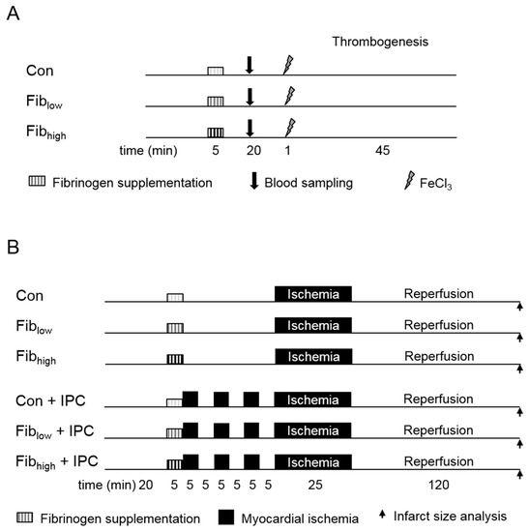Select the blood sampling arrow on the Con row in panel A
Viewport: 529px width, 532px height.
pos(250,65)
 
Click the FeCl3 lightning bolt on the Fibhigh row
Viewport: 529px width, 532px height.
pos(287,127)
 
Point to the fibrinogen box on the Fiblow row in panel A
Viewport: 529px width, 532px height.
pos(215,101)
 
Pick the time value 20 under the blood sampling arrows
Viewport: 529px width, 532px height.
pos(250,151)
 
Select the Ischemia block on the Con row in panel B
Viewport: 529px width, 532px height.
pos(313,293)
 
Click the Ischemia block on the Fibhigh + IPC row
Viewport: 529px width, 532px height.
pos(313,460)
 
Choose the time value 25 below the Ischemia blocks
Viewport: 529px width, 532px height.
pos(313,484)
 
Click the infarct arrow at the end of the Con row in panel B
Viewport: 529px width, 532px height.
pos(521,307)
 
